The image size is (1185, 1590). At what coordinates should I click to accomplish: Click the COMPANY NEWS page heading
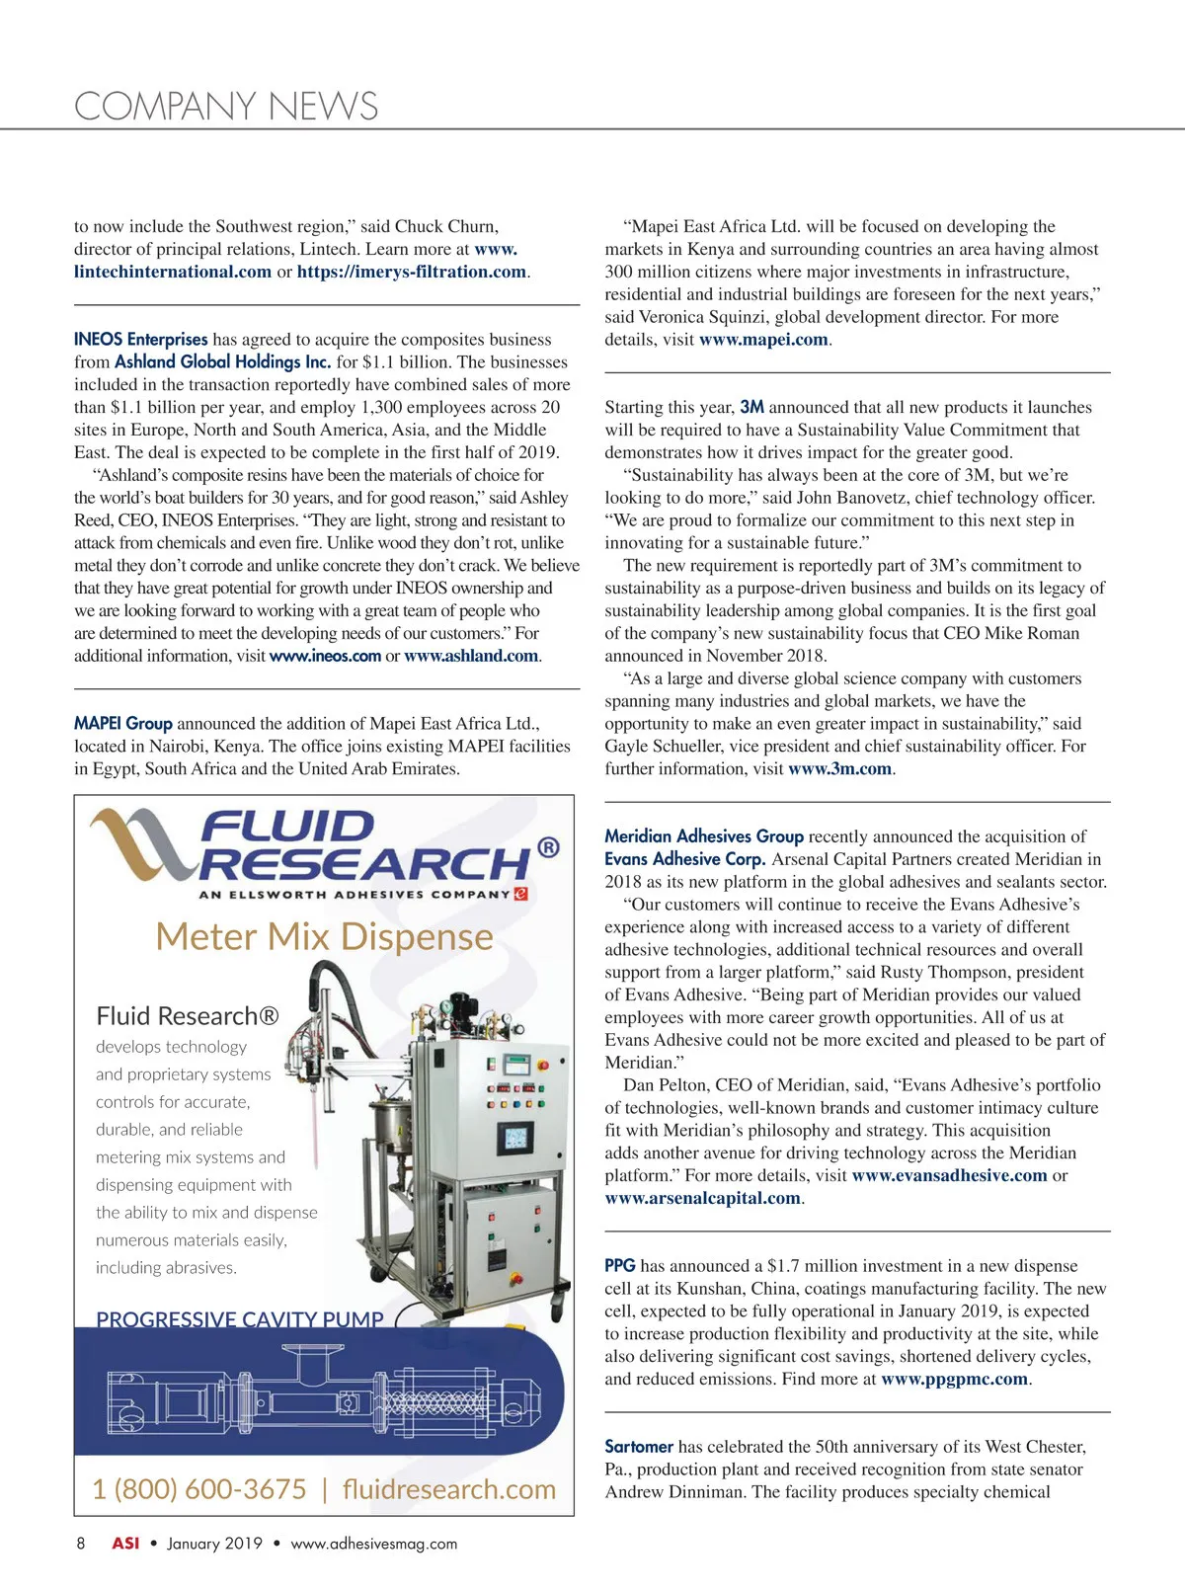[x=226, y=107]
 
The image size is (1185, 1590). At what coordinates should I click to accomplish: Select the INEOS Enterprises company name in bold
[x=141, y=340]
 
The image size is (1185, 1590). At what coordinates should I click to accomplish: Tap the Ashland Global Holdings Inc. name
[x=222, y=362]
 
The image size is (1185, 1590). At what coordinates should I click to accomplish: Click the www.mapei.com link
[x=764, y=340]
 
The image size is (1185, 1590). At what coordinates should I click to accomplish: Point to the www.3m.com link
[x=839, y=769]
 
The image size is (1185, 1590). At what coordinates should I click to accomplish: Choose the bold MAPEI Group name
[x=123, y=724]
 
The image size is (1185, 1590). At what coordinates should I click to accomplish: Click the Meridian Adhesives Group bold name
[x=704, y=836]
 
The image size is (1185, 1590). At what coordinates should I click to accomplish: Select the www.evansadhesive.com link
[x=949, y=1176]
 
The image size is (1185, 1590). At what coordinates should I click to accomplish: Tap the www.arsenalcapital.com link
[x=703, y=1199]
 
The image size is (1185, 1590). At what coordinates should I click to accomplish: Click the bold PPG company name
[x=620, y=1266]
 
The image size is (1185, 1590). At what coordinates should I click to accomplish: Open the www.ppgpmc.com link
[x=954, y=1380]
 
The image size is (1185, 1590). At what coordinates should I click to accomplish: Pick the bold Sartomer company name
[x=639, y=1447]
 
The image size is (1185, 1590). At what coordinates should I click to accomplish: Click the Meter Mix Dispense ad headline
[x=324, y=936]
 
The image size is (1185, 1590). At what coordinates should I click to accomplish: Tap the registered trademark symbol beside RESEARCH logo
[x=548, y=847]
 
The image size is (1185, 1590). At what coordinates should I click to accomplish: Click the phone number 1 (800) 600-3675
[x=199, y=1489]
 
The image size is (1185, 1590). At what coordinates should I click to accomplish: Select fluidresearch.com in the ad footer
[x=449, y=1489]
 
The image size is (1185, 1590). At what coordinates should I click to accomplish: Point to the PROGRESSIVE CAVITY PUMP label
[x=240, y=1319]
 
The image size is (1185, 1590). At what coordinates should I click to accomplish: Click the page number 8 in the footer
[x=81, y=1544]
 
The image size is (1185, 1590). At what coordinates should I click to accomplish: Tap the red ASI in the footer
[x=125, y=1544]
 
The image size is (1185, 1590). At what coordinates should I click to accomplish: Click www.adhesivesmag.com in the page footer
[x=374, y=1544]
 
